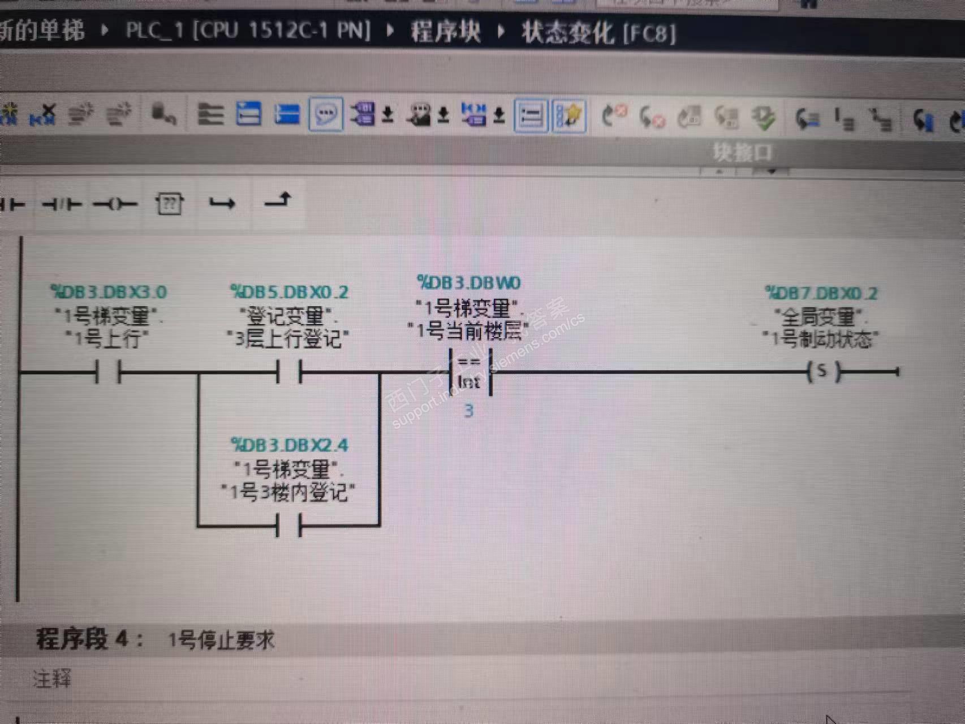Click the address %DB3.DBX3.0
(108, 292)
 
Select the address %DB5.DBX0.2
(289, 292)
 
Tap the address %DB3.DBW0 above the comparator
(469, 282)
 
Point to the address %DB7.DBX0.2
(821, 294)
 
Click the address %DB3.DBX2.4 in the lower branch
(289, 446)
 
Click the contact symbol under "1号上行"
(108, 373)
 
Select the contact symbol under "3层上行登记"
(289, 373)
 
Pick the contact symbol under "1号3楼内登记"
(289, 525)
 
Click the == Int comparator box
(469, 372)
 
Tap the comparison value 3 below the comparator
(469, 411)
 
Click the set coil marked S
(823, 372)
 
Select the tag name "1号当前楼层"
(469, 330)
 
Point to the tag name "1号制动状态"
(821, 339)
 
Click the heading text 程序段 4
(89, 639)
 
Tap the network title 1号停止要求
(222, 640)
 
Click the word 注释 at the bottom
(52, 678)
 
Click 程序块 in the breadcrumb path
(446, 31)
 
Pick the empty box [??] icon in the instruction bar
(169, 204)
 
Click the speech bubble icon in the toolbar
(326, 115)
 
